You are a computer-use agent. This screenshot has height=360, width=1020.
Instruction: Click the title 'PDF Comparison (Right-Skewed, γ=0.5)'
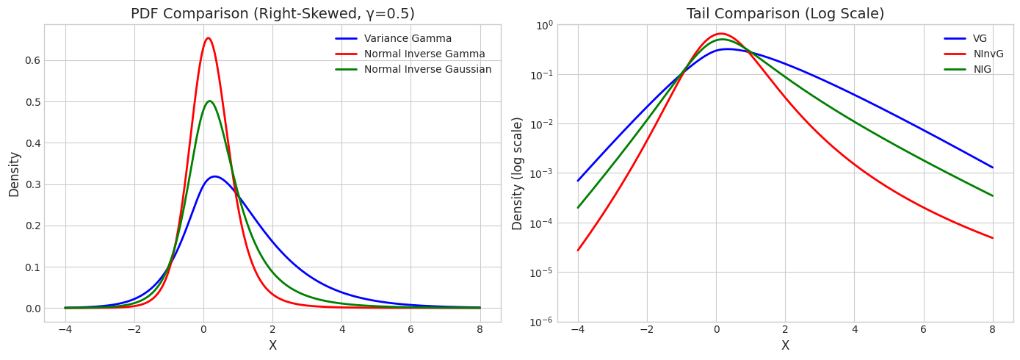pos(272,14)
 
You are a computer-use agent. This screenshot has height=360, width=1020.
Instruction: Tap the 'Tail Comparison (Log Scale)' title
pos(785,14)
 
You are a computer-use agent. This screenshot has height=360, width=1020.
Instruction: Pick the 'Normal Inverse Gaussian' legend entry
pos(427,70)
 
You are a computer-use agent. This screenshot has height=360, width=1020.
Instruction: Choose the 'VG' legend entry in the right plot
pos(980,39)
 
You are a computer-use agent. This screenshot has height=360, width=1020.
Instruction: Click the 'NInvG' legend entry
pos(988,54)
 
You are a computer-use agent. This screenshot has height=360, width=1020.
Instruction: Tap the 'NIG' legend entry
pos(982,70)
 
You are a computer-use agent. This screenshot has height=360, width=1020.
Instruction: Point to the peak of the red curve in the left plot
pos(208,38)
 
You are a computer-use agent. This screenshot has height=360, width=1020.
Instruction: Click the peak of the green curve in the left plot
pos(209,101)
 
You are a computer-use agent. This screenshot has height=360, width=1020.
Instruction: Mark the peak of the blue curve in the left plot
pos(214,176)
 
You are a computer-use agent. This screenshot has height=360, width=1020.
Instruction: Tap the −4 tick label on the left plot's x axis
pos(65,330)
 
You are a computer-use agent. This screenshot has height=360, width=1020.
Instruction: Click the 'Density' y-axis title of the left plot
pos(14,174)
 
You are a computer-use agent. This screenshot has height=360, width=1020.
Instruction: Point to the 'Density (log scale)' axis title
pos(518,173)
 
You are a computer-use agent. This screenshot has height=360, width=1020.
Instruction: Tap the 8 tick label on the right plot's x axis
pos(992,330)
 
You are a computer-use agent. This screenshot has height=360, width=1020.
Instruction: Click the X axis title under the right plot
pos(785,346)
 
